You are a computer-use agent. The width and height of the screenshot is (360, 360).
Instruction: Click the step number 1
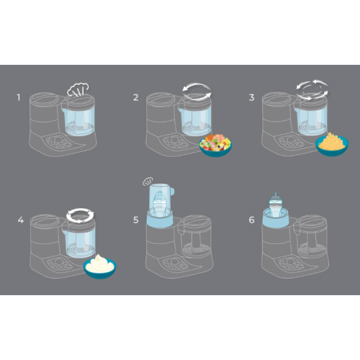tap(19, 97)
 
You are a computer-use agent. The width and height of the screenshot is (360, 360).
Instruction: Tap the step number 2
tap(136, 97)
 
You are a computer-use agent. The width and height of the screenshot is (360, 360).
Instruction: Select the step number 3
tap(251, 97)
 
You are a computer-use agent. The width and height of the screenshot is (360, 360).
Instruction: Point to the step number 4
tap(21, 220)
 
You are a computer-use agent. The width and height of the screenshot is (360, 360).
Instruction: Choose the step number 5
tap(136, 220)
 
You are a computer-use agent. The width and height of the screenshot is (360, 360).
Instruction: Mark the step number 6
tap(251, 220)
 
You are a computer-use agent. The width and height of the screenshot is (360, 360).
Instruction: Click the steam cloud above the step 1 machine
tap(78, 89)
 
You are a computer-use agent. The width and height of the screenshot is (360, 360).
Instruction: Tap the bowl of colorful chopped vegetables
tap(215, 145)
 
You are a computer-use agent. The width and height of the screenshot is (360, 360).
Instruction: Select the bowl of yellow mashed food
tap(332, 144)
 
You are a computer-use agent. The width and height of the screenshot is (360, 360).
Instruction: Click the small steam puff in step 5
tap(148, 181)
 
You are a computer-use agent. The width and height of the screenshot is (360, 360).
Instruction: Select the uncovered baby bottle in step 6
tap(276, 205)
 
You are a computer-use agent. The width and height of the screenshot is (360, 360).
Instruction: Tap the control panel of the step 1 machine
tap(59, 142)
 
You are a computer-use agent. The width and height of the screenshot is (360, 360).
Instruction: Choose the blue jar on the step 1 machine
tap(78, 119)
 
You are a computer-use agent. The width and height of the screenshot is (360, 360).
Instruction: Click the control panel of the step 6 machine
tap(291, 264)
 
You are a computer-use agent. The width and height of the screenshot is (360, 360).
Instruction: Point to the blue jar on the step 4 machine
tap(79, 241)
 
